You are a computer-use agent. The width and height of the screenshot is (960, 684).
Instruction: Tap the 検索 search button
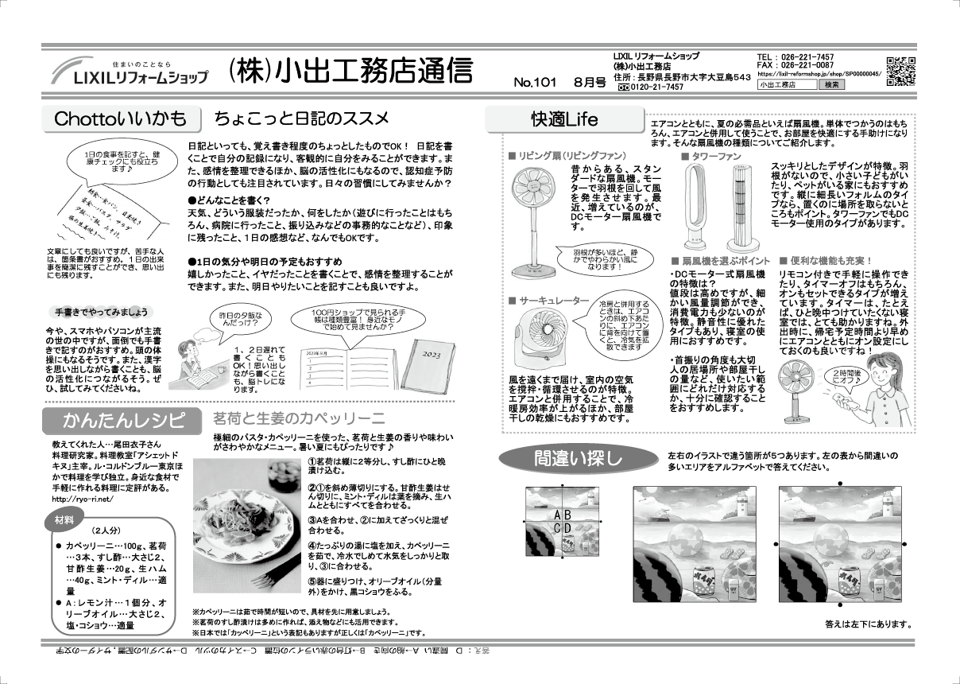831,84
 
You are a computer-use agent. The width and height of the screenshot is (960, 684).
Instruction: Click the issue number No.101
534,83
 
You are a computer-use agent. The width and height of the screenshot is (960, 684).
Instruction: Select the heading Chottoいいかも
120,119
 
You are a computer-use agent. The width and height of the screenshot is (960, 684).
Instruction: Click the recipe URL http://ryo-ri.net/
83,499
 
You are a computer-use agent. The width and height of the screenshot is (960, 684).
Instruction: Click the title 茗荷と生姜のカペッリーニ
298,418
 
